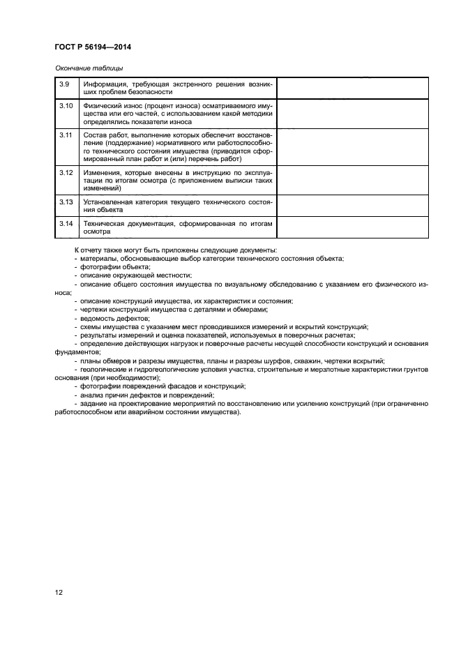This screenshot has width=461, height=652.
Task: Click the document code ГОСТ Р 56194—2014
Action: (92, 47)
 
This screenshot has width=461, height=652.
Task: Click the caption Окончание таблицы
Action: (89, 68)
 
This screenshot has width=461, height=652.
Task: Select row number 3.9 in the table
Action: (64, 84)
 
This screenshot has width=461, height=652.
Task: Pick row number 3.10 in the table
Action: (66, 105)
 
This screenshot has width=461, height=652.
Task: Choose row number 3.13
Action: (66, 202)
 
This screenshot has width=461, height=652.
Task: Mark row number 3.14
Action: (66, 223)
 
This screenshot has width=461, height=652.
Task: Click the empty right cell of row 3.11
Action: (352, 148)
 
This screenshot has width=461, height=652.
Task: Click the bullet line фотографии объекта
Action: (114, 267)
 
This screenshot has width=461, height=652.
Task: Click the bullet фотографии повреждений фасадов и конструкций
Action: (162, 386)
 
